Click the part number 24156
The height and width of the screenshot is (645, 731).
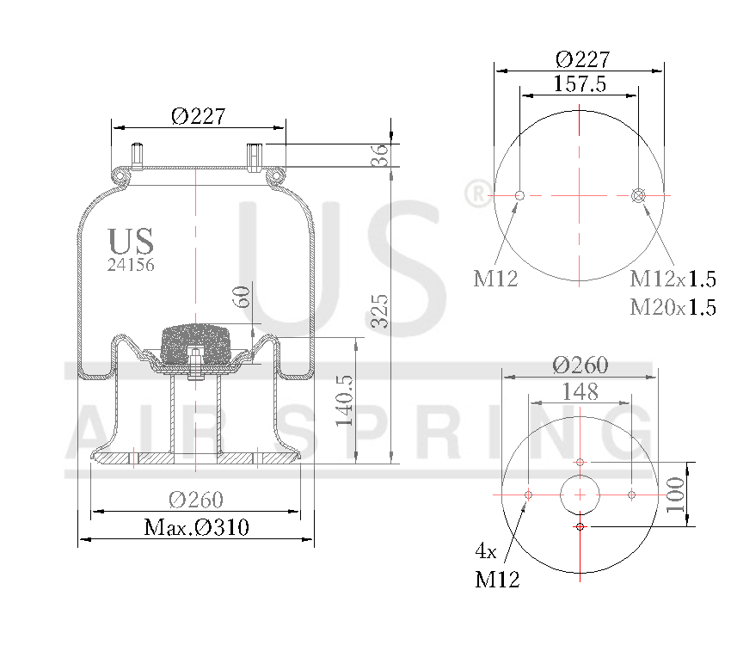point(130,266)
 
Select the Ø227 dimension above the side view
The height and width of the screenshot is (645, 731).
point(198,116)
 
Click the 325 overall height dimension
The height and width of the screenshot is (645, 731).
point(379,311)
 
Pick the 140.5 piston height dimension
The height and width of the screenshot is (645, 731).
point(345,400)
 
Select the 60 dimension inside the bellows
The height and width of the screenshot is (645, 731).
point(243,297)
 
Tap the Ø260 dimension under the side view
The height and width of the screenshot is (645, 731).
point(195,500)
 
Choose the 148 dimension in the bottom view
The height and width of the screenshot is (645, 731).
point(580,392)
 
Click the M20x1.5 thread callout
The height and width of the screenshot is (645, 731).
point(673,307)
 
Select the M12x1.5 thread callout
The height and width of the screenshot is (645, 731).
point(673,279)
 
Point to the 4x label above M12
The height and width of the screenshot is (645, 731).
point(486,550)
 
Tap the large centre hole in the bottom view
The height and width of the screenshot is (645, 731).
point(580,494)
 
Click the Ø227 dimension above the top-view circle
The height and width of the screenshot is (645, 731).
point(582,59)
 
